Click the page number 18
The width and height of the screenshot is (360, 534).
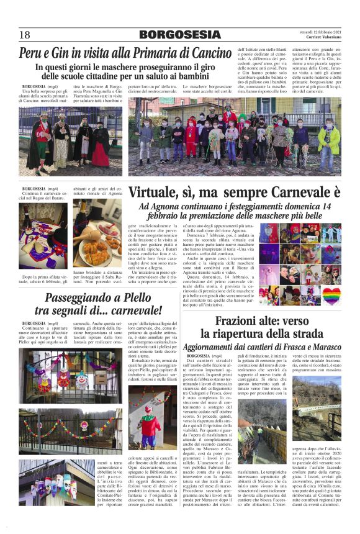coord(24,35)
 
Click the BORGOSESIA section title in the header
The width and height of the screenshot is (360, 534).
coord(179,35)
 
